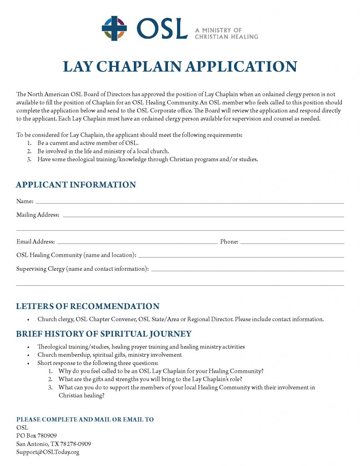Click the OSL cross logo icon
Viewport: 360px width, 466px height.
point(114,29)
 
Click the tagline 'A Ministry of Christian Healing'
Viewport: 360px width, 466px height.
point(226,33)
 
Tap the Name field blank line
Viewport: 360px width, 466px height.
point(189,202)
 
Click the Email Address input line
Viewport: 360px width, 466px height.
point(137,243)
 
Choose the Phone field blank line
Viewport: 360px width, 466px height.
point(292,243)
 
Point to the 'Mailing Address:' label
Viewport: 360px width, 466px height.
point(38,215)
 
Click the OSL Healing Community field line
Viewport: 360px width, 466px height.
point(241,256)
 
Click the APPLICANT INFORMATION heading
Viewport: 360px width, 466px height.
point(76,185)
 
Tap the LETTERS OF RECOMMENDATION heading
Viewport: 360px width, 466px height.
point(88,306)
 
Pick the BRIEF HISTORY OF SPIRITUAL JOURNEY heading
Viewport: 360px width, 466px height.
point(104,334)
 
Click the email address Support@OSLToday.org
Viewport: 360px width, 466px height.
point(48,452)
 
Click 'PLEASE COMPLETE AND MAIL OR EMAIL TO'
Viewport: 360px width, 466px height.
point(85,419)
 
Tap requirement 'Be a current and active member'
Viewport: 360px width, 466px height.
point(88,143)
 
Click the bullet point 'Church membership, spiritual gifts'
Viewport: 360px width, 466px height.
point(110,355)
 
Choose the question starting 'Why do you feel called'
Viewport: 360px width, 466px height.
point(161,371)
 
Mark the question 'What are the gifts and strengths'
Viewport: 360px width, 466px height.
point(150,379)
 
